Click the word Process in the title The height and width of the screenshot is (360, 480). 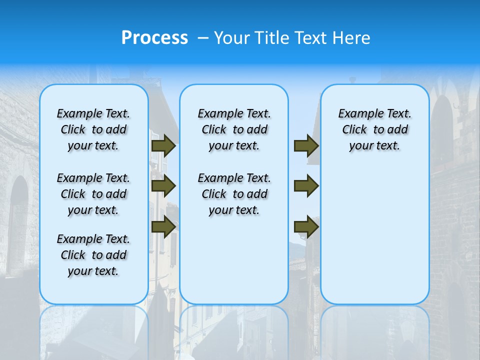[154, 37]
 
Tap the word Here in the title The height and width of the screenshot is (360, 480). [352, 38]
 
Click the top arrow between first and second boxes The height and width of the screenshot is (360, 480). [163, 146]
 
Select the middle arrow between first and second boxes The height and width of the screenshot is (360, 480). [163, 186]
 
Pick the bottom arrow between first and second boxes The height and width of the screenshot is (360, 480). [163, 226]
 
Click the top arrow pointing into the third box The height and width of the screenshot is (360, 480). [306, 146]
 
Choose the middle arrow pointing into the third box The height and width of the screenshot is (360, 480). [306, 186]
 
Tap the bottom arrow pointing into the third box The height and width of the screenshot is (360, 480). [306, 226]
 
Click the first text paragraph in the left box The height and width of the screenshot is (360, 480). [93, 129]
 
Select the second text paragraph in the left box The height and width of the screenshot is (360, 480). [93, 194]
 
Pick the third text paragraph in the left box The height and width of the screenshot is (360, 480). [93, 255]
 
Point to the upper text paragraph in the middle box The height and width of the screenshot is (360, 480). [234, 129]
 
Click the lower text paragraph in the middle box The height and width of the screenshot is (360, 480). [234, 194]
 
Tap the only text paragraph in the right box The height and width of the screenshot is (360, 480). [374, 129]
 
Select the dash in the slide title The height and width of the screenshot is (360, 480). [203, 38]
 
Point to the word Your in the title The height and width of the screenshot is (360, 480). [232, 38]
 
